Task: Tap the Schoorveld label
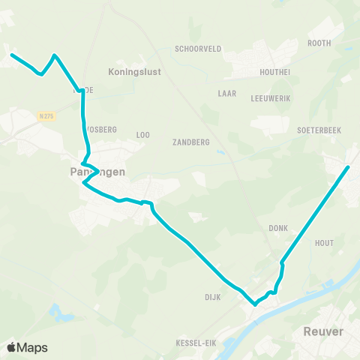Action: click(197, 48)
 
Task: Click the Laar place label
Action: click(226, 94)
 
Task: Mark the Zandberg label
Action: click(190, 142)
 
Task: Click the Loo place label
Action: click(143, 135)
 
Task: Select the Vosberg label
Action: click(103, 129)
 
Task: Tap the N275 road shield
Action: click(46, 115)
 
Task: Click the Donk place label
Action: click(278, 227)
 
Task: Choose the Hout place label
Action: click(324, 243)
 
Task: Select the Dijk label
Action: click(213, 296)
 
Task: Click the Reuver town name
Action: click(323, 331)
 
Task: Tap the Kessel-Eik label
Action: click(196, 343)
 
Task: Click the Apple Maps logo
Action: click(27, 347)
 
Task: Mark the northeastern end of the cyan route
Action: click(349, 166)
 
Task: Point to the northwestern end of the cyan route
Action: click(11, 54)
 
